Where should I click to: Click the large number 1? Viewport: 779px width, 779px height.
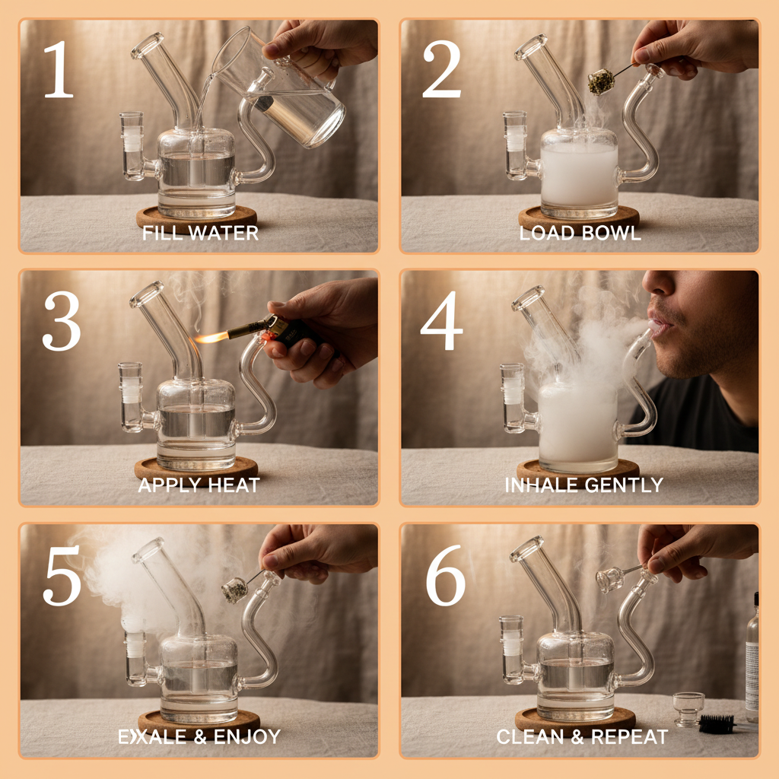[x=58, y=69]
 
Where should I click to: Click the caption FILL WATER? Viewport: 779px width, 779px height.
[x=200, y=234]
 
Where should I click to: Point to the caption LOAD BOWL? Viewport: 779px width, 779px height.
[x=580, y=233]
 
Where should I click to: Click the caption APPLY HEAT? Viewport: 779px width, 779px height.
[x=199, y=485]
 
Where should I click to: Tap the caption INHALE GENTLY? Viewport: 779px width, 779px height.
[x=583, y=485]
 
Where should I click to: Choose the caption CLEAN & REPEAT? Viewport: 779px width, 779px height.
[x=582, y=736]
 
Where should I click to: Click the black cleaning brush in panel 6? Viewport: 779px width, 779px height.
[x=717, y=723]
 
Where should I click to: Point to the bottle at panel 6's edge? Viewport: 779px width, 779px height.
[x=752, y=654]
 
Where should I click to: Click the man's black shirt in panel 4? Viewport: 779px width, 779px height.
[x=707, y=418]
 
